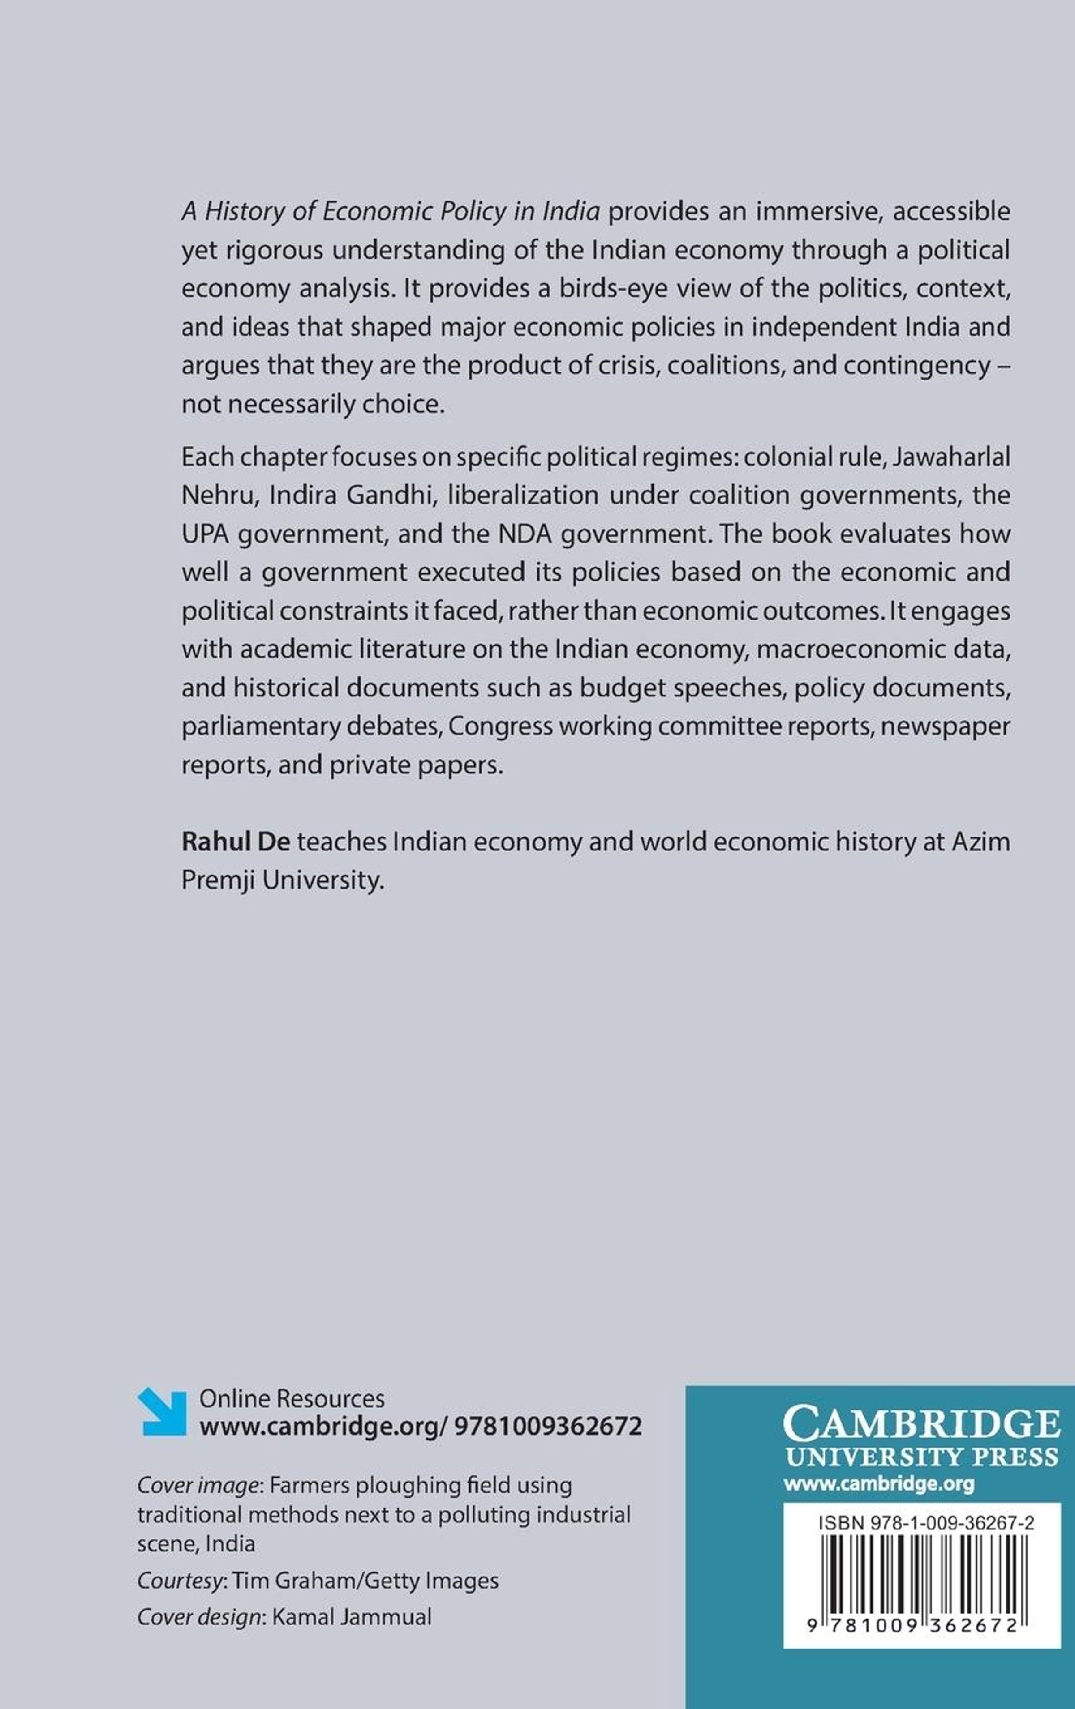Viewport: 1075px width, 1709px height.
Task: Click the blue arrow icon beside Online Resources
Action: (x=161, y=1412)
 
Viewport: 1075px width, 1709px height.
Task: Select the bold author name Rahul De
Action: (x=236, y=842)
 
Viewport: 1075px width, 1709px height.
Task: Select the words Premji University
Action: (x=283, y=880)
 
